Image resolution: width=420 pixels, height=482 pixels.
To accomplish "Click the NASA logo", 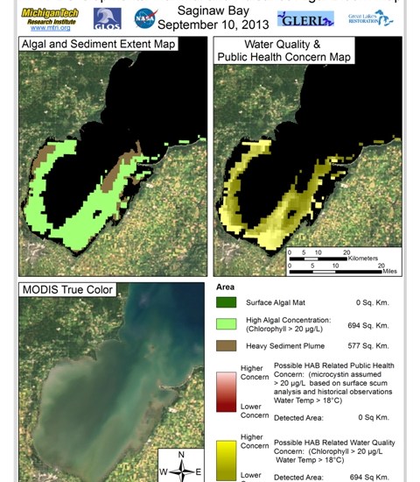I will (x=146, y=18).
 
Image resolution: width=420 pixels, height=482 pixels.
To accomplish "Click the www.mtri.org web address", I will (x=50, y=29).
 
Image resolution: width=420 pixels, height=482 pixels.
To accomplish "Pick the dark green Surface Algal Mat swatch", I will (x=226, y=303).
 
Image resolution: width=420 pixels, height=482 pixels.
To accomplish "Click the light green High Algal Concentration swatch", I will (x=226, y=325).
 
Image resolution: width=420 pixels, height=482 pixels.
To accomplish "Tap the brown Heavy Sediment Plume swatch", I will (x=226, y=347).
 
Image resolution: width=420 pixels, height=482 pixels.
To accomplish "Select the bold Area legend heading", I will (x=225, y=287).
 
